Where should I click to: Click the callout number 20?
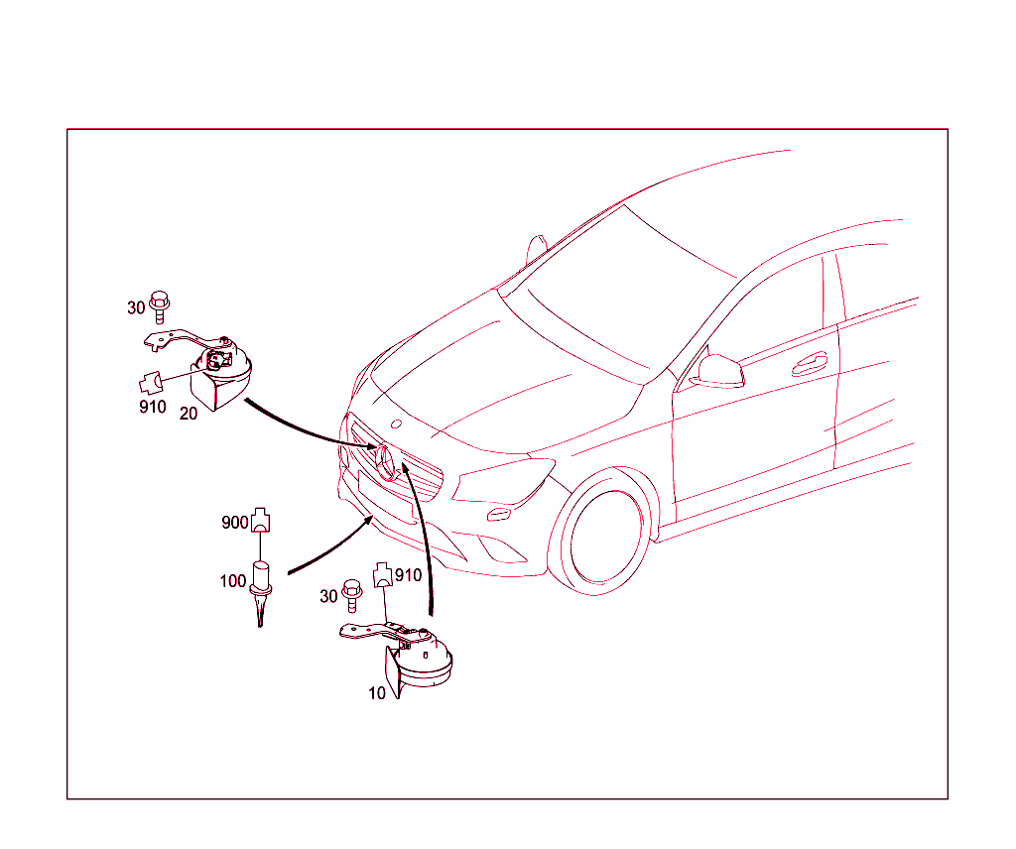pos(189,414)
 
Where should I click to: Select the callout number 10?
pos(377,693)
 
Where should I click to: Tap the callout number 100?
pos(233,581)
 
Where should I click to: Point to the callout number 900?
pos(234,522)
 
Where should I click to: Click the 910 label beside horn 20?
pos(153,407)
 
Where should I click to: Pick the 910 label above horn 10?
pos(408,575)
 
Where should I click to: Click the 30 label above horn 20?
pos(136,307)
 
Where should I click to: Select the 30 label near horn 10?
pos(329,596)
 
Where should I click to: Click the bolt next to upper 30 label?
pos(160,306)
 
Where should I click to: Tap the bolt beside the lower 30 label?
pos(352,595)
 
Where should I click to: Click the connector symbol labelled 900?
pos(261,520)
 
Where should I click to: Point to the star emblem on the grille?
pos(386,462)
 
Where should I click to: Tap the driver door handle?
pos(810,365)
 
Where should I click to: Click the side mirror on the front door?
pos(718,372)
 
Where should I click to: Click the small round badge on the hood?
pos(397,424)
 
